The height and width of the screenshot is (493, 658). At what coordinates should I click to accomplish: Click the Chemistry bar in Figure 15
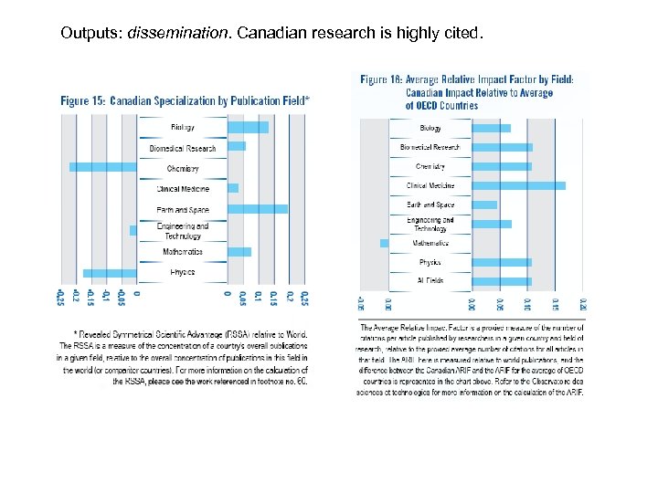pyautogui.click(x=103, y=167)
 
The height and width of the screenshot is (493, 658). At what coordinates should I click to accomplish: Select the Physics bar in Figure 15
pyautogui.click(x=110, y=273)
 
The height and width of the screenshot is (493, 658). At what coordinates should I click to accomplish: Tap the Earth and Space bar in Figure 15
pyautogui.click(x=257, y=209)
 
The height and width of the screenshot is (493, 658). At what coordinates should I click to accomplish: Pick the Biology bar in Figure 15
pyautogui.click(x=248, y=127)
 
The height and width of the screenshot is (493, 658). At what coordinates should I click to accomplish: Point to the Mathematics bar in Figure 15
pyautogui.click(x=239, y=251)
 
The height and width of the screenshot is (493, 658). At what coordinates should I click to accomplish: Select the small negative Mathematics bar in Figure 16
pyautogui.click(x=384, y=243)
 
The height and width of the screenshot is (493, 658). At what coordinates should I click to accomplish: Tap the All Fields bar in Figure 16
pyautogui.click(x=501, y=281)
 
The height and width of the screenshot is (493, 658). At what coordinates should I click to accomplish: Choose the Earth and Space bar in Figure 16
pyautogui.click(x=484, y=205)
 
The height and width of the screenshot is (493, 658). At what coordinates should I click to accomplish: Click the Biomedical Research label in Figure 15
pyautogui.click(x=183, y=148)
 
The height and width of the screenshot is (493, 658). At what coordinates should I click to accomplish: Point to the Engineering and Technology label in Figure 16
pyautogui.click(x=430, y=224)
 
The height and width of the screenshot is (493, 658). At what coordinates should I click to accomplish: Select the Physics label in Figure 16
pyautogui.click(x=430, y=262)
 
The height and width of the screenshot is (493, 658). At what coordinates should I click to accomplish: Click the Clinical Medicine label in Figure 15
pyautogui.click(x=183, y=189)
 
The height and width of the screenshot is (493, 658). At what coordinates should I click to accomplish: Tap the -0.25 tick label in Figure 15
pyautogui.click(x=60, y=298)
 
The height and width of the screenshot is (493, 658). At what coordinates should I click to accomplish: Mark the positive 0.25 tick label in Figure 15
pyautogui.click(x=304, y=298)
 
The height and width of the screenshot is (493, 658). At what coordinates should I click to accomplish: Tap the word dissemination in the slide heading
pyautogui.click(x=179, y=34)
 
